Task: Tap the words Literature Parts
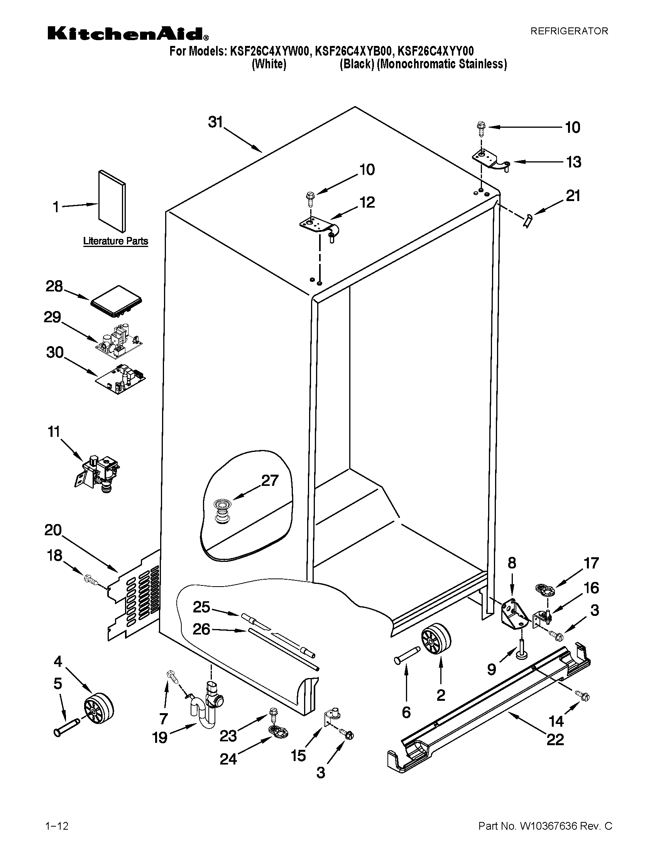115,241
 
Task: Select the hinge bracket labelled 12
320,227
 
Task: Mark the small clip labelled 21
528,222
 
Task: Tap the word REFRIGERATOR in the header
569,31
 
